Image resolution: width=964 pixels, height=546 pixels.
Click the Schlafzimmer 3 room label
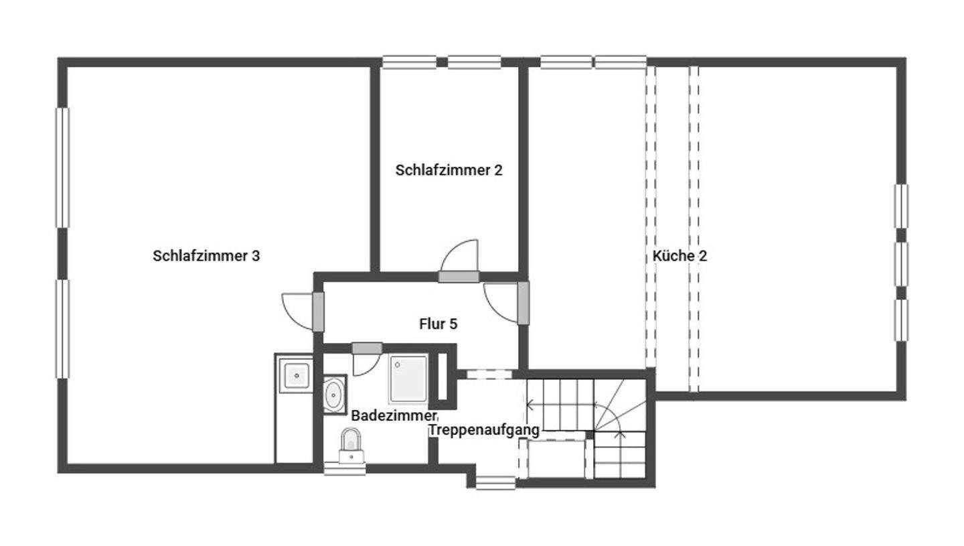[206, 256]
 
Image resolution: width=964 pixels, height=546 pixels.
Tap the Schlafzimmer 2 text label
[449, 170]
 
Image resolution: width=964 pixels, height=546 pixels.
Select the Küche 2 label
[679, 256]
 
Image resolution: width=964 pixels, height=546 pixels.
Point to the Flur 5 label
[438, 324]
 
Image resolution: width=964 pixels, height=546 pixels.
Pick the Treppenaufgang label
[484, 430]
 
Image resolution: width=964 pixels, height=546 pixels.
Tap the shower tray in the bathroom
[408, 379]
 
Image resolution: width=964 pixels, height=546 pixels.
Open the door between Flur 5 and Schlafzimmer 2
[459, 276]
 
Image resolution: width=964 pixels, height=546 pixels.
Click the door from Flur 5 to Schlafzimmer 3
[318, 312]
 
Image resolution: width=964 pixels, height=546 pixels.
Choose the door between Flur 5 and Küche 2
[523, 303]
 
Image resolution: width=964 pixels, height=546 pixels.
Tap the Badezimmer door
[367, 348]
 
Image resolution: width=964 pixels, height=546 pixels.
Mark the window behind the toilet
[345, 470]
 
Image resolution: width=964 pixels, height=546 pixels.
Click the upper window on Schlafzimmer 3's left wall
[62, 167]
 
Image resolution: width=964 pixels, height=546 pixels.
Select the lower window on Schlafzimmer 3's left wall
[62, 328]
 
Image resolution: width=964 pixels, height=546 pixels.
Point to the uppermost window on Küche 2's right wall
[901, 206]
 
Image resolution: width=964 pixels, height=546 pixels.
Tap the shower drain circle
[398, 365]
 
